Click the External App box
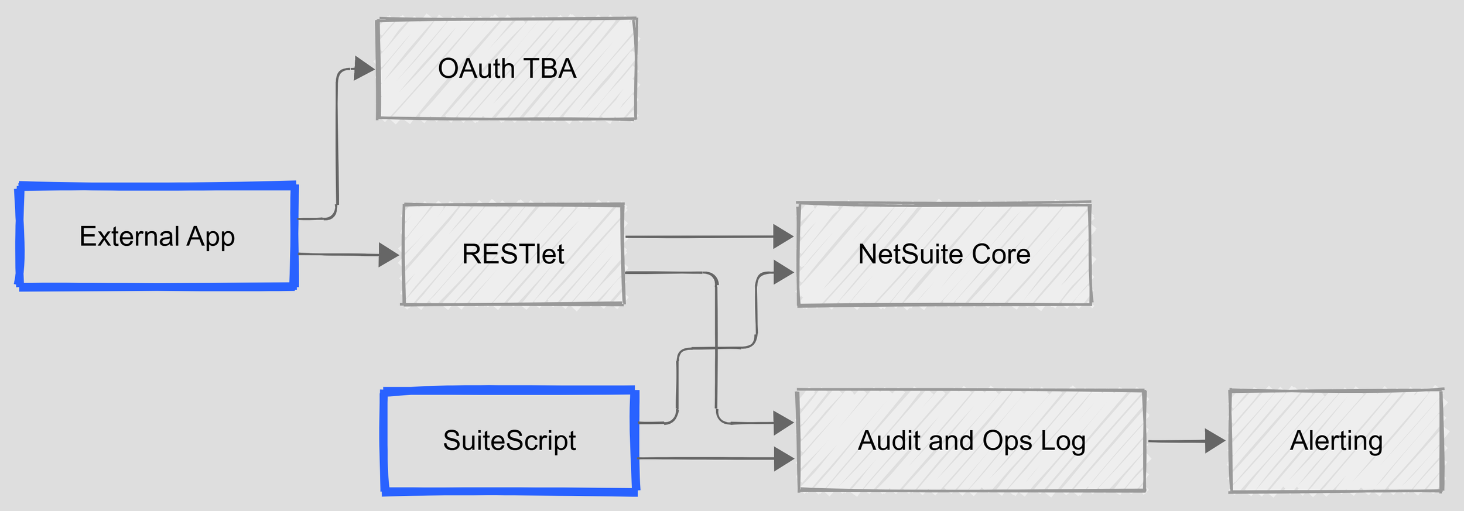[157, 236]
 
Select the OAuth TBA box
[507, 68]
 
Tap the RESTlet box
[513, 254]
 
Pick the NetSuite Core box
[944, 254]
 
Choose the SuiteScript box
[509, 441]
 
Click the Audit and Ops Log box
[971, 441]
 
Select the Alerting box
[1336, 441]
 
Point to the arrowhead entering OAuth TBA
[364, 68]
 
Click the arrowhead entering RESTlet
[388, 255]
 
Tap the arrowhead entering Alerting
[1215, 441]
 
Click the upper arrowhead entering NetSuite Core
[783, 236]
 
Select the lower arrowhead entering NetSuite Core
[783, 273]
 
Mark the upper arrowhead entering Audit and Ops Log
[783, 423]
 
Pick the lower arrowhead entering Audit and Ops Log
[784, 459]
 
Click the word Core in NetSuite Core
[1001, 254]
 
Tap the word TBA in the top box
[550, 68]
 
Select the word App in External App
[211, 237]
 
